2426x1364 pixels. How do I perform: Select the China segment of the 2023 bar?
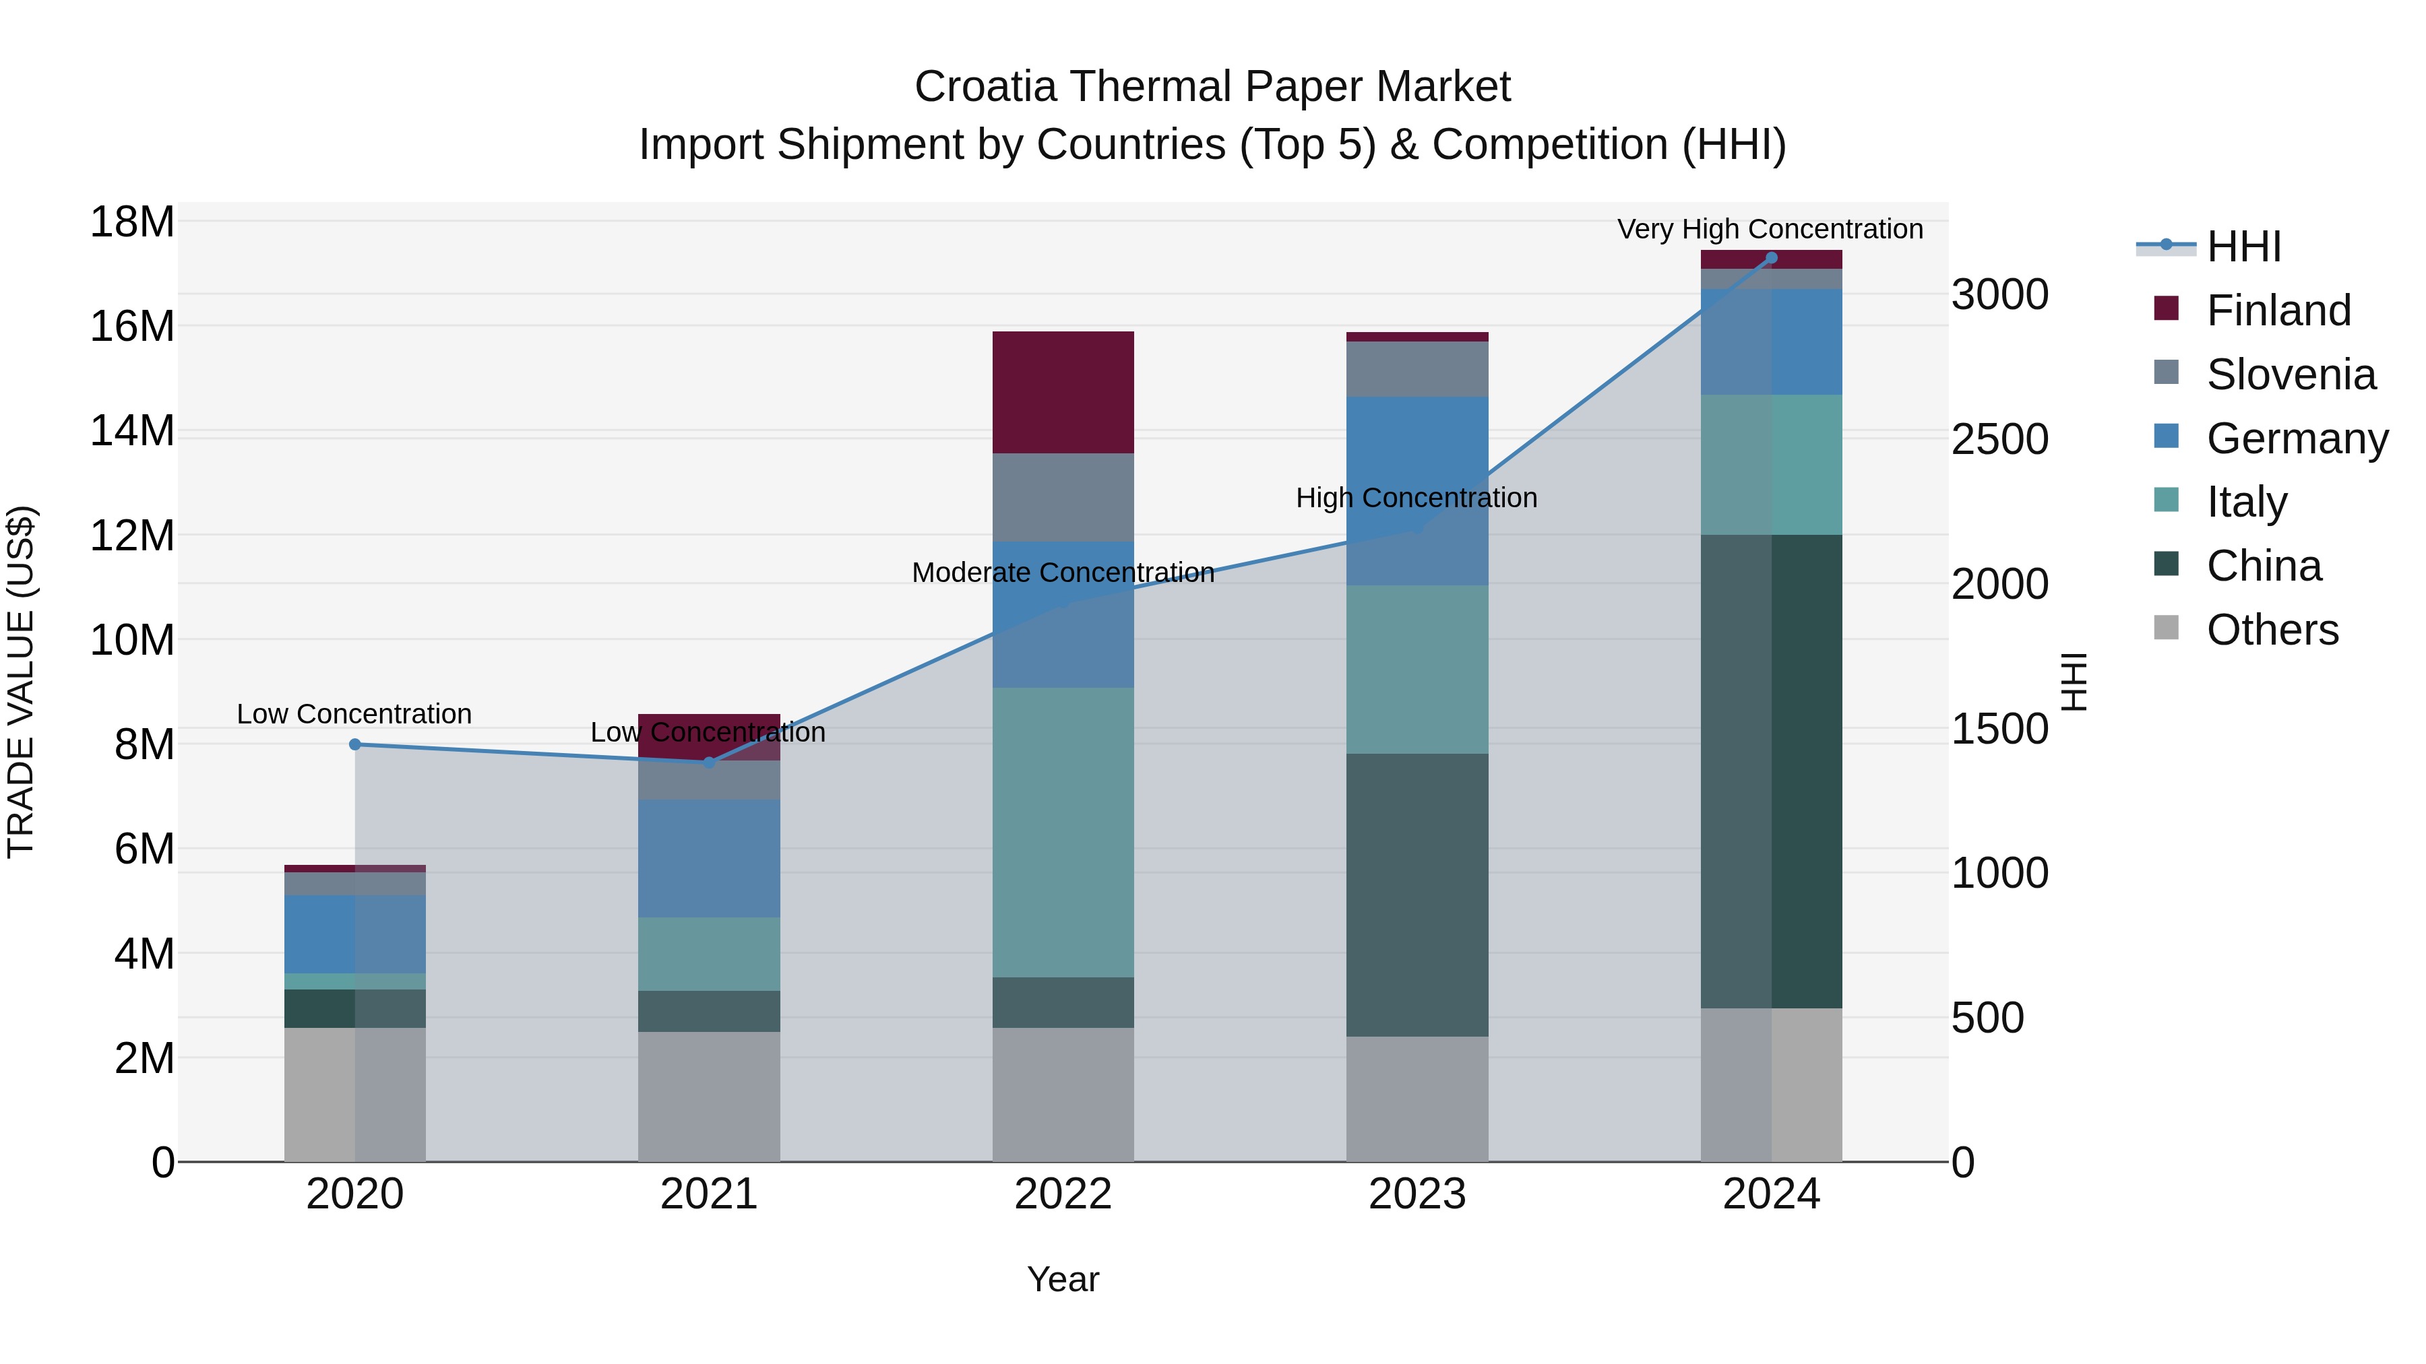click(1417, 895)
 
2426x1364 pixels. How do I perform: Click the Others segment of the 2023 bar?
click(1417, 1099)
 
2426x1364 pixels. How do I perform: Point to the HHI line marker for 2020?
click(355, 744)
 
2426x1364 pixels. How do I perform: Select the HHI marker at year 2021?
click(709, 762)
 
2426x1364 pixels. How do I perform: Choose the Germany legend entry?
click(2296, 439)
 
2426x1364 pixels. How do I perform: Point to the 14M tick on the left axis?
click(132, 431)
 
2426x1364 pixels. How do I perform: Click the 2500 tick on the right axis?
click(1999, 440)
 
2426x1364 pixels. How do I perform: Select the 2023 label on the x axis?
click(1417, 1194)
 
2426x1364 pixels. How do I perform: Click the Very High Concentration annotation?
click(1770, 229)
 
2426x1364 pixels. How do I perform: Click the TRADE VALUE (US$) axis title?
click(21, 682)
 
